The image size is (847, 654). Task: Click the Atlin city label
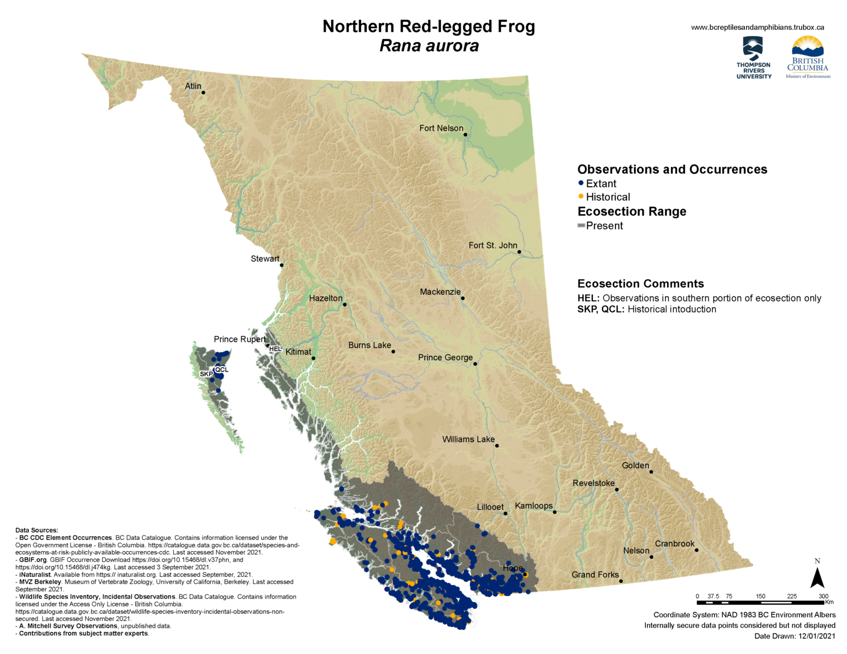(x=193, y=86)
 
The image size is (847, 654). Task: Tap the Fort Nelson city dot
(x=465, y=134)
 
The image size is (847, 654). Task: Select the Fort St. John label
(x=492, y=245)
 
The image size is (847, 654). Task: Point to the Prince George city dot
(x=475, y=364)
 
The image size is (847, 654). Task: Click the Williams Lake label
(x=468, y=439)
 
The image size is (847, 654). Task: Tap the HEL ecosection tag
(x=275, y=349)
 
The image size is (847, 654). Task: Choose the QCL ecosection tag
(x=222, y=369)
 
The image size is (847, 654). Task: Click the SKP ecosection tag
(x=206, y=374)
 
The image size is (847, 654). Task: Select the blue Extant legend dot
(x=581, y=183)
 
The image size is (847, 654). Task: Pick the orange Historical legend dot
(x=581, y=196)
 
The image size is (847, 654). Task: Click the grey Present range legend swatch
(x=581, y=225)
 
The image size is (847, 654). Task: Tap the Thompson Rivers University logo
(x=753, y=58)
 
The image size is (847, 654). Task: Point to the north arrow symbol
(x=817, y=576)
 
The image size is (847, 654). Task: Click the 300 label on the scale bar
(x=823, y=596)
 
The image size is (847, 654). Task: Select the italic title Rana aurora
(x=428, y=46)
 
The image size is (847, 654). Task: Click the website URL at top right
(x=757, y=27)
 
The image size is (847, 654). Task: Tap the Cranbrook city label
(x=674, y=543)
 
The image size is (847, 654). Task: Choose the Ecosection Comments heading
(x=640, y=284)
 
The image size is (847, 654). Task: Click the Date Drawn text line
(x=795, y=636)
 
